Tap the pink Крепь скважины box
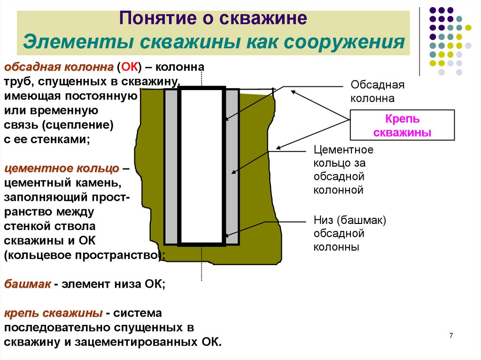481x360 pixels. pos(402,125)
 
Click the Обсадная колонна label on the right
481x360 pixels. pos(377,92)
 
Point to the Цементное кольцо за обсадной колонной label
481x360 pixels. pos(343,170)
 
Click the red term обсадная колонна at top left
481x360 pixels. pos(59,67)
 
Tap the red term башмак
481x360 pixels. pos(27,284)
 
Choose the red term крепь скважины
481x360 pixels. pos(53,313)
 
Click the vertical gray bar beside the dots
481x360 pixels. pos(419,41)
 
